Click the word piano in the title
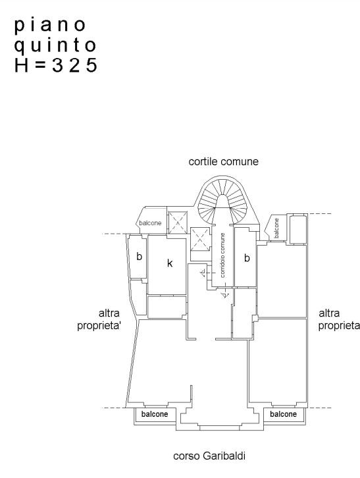50,26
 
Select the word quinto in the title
55,45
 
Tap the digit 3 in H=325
57,65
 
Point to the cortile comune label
224,161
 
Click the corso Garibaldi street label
209,456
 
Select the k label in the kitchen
170,263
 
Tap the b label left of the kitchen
139,256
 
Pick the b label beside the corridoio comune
247,258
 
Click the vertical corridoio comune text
223,255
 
